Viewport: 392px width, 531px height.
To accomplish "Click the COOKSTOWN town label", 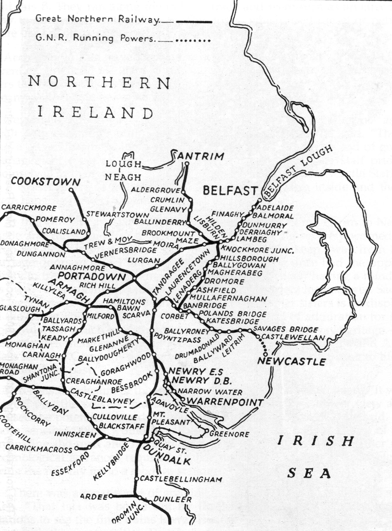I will point(46,182).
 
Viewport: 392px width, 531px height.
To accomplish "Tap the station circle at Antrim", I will point(187,164).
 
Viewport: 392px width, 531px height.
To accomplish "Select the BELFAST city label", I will point(230,191).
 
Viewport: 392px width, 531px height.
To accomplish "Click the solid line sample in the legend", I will point(194,22).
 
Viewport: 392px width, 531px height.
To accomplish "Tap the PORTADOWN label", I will point(92,276).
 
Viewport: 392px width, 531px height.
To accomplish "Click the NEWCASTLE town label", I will point(292,361).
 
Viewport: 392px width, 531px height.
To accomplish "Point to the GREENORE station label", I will point(229,434).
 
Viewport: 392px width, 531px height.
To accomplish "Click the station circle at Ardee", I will point(111,496).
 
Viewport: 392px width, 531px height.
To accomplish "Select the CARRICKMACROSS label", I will point(39,449).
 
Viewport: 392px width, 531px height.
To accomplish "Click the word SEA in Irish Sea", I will point(309,473).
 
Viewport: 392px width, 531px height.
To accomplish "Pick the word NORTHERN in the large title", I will point(99,82).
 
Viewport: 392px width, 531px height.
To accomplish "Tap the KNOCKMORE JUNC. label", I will point(257,250).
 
